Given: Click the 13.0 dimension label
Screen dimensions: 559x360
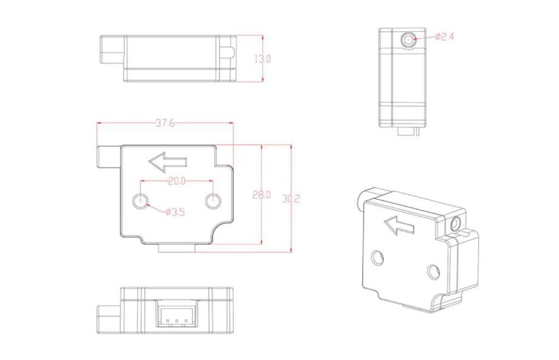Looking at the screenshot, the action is [x=262, y=59].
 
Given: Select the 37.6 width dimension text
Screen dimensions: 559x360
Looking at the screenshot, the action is [x=165, y=123].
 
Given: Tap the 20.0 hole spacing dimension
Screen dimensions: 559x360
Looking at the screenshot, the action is [x=177, y=181].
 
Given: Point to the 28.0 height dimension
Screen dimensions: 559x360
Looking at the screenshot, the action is [x=261, y=194].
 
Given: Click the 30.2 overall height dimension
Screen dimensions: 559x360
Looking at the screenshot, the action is [x=291, y=198].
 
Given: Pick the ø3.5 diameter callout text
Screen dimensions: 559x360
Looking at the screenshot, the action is [x=175, y=213].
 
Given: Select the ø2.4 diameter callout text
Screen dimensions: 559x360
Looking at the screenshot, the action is [x=445, y=37].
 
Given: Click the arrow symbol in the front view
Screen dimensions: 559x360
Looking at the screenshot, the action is [x=168, y=162].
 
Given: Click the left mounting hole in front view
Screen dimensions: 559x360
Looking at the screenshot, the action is [x=140, y=202].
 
